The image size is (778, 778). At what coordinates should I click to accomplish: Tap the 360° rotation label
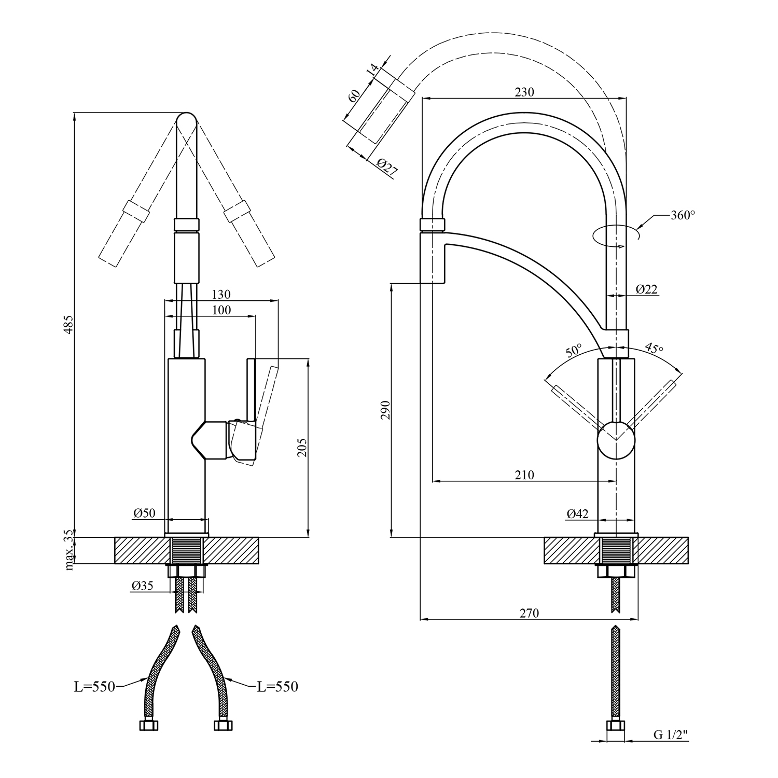(682, 215)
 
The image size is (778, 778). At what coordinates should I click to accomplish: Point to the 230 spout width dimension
(524, 92)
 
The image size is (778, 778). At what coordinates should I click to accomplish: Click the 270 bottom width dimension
(529, 613)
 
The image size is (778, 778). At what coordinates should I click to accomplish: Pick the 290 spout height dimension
(385, 410)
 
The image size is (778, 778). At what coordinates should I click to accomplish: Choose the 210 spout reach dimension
(524, 475)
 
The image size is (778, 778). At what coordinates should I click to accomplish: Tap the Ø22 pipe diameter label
(646, 289)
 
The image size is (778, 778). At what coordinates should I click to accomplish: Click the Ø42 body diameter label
(577, 513)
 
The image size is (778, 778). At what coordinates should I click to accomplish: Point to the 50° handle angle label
(573, 351)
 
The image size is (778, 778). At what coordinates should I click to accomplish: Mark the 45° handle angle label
(654, 349)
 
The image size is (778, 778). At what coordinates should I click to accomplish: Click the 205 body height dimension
(303, 448)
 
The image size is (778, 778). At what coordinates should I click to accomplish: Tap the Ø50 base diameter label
(144, 513)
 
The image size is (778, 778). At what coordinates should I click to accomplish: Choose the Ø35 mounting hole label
(142, 586)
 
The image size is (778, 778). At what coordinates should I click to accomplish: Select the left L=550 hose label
(94, 687)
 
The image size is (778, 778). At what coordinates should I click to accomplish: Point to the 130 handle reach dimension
(221, 294)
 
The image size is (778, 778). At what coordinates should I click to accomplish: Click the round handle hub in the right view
(616, 440)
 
